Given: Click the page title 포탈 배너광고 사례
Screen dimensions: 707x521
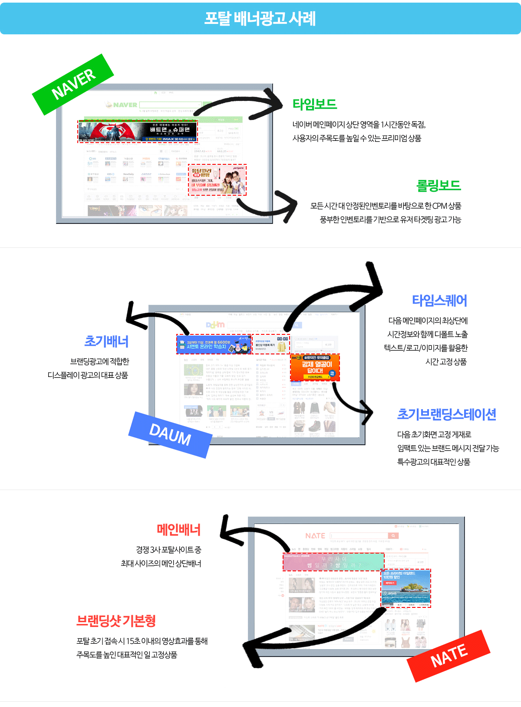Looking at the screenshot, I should pyautogui.click(x=260, y=19).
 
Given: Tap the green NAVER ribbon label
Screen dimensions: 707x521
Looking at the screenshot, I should pyautogui.click(x=73, y=84).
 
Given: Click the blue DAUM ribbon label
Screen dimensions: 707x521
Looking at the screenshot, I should pyautogui.click(x=170, y=434).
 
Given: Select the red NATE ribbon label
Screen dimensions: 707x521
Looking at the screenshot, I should pyautogui.click(x=448, y=656).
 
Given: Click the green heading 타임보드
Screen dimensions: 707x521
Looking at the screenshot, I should pyautogui.click(x=315, y=104).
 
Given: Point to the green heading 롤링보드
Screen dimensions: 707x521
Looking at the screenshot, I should pyautogui.click(x=439, y=186).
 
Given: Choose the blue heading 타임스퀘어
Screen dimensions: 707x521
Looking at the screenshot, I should pyautogui.click(x=439, y=300).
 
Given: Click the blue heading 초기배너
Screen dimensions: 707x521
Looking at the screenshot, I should pyautogui.click(x=106, y=341).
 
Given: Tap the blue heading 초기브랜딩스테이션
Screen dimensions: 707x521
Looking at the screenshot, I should pyautogui.click(x=446, y=414).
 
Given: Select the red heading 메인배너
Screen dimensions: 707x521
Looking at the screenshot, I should pyautogui.click(x=178, y=530).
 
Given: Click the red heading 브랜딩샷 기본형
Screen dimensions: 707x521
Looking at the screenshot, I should pyautogui.click(x=116, y=621).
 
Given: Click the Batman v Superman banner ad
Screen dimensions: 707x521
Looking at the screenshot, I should pyautogui.click(x=138, y=132).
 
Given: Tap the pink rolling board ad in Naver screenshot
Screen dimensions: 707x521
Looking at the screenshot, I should pyautogui.click(x=217, y=180).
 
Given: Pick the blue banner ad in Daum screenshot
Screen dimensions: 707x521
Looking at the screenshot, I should pyautogui.click(x=214, y=344).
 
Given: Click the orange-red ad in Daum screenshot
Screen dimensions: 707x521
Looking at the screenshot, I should pyautogui.click(x=315, y=368).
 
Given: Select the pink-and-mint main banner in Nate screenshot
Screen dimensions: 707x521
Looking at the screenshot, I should pyautogui.click(x=333, y=562).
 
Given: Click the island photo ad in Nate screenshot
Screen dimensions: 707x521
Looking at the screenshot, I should pyautogui.click(x=406, y=588).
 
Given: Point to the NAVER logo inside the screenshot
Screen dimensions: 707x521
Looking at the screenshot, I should pyautogui.click(x=121, y=105).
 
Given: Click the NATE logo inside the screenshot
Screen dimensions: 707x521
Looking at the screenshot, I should pyautogui.click(x=315, y=536).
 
